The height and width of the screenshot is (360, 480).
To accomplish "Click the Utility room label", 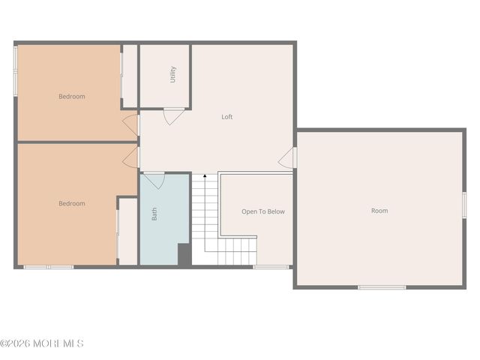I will coord(172,74).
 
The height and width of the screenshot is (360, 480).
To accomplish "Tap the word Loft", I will coord(227,117).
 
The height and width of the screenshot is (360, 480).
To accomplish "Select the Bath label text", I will coord(155,214).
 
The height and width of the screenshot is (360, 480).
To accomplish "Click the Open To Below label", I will coord(262,211).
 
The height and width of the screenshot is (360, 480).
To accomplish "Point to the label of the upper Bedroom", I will coord(72,96).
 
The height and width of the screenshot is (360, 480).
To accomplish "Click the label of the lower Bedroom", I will coord(72,203).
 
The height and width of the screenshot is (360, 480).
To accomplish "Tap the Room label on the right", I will coord(379,211).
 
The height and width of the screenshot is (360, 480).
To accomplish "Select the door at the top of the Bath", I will coord(154,181).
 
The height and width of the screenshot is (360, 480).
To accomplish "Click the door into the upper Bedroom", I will coord(131,124).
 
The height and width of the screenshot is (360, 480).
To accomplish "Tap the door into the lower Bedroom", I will coord(132,157).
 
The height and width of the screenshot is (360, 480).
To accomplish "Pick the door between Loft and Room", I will coord(288,157).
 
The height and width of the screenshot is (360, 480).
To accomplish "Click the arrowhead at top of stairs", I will coord(205,176).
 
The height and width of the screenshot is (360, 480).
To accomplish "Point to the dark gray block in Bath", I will coord(184,254).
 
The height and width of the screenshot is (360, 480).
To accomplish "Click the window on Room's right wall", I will coord(464,205).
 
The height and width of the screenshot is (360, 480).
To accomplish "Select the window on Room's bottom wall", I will coord(382,286).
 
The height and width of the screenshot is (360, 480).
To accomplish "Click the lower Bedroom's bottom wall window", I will coord(48,266).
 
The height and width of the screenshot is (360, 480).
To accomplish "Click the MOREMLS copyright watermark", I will coord(42,343).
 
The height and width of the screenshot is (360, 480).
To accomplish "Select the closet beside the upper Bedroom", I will coord(130,75).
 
